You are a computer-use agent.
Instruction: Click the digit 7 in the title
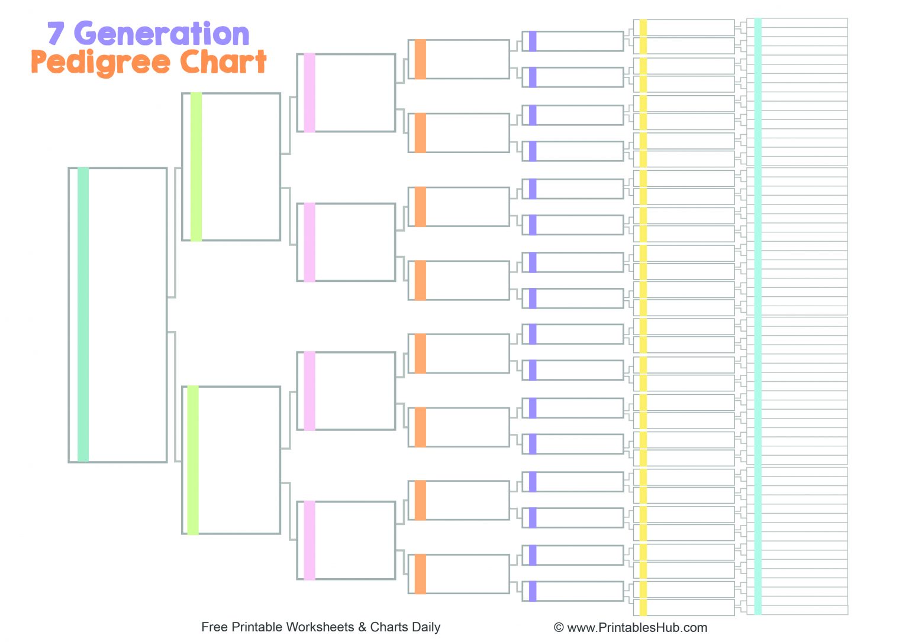pyautogui.click(x=55, y=34)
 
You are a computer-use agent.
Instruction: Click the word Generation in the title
pyautogui.click(x=162, y=34)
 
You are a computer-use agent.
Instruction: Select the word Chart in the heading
pyautogui.click(x=223, y=61)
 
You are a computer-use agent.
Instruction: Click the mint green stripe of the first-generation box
pyautogui.click(x=83, y=314)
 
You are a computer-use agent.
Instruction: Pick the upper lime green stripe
pyautogui.click(x=196, y=167)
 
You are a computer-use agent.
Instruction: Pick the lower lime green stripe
pyautogui.click(x=193, y=460)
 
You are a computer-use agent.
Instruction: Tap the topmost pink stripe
pyautogui.click(x=309, y=93)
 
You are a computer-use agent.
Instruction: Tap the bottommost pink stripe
pyautogui.click(x=309, y=540)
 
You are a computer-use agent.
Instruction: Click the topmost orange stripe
pyautogui.click(x=420, y=59)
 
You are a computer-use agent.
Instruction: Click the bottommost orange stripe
pyautogui.click(x=420, y=574)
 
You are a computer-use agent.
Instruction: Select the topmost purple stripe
pyautogui.click(x=533, y=41)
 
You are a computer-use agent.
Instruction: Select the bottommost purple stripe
pyautogui.click(x=533, y=591)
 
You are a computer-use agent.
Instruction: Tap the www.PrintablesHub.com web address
pyautogui.click(x=637, y=628)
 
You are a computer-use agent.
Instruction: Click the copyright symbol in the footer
pyautogui.click(x=559, y=628)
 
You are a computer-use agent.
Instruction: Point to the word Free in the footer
pyautogui.click(x=213, y=627)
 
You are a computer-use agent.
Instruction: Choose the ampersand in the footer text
pyautogui.click(x=362, y=627)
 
